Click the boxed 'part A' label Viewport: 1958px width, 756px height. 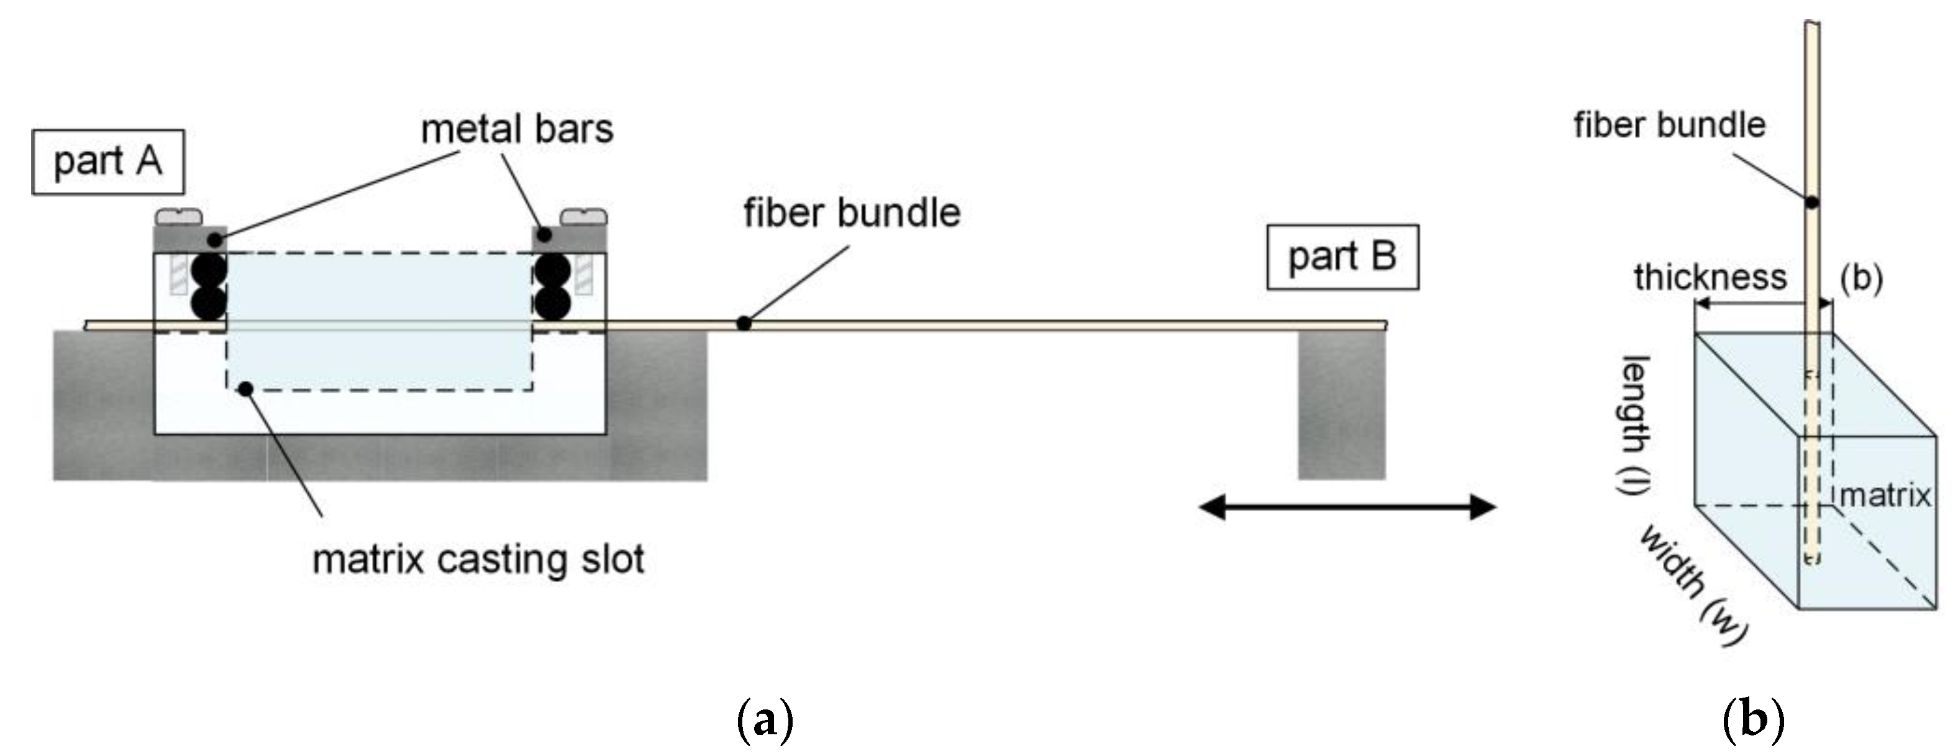[x=107, y=162]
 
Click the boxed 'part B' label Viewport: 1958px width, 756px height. [x=1342, y=257]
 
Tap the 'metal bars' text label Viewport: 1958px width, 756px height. [x=517, y=129]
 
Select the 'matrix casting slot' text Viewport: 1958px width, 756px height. [x=478, y=560]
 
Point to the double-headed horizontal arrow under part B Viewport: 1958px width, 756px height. [x=1346, y=507]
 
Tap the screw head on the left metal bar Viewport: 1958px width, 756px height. [x=180, y=217]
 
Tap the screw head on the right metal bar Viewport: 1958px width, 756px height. [x=583, y=217]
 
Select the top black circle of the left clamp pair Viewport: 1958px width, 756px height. [x=208, y=270]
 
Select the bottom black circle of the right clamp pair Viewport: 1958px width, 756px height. [x=553, y=303]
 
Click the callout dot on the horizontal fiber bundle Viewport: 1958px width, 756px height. [x=744, y=324]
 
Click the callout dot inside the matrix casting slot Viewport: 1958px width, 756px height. [x=245, y=389]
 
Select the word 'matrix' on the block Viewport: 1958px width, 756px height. [x=1884, y=496]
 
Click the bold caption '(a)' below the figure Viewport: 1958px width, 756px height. [x=765, y=719]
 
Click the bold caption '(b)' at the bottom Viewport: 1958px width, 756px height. [x=1753, y=719]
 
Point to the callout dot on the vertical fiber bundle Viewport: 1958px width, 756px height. [x=1812, y=202]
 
